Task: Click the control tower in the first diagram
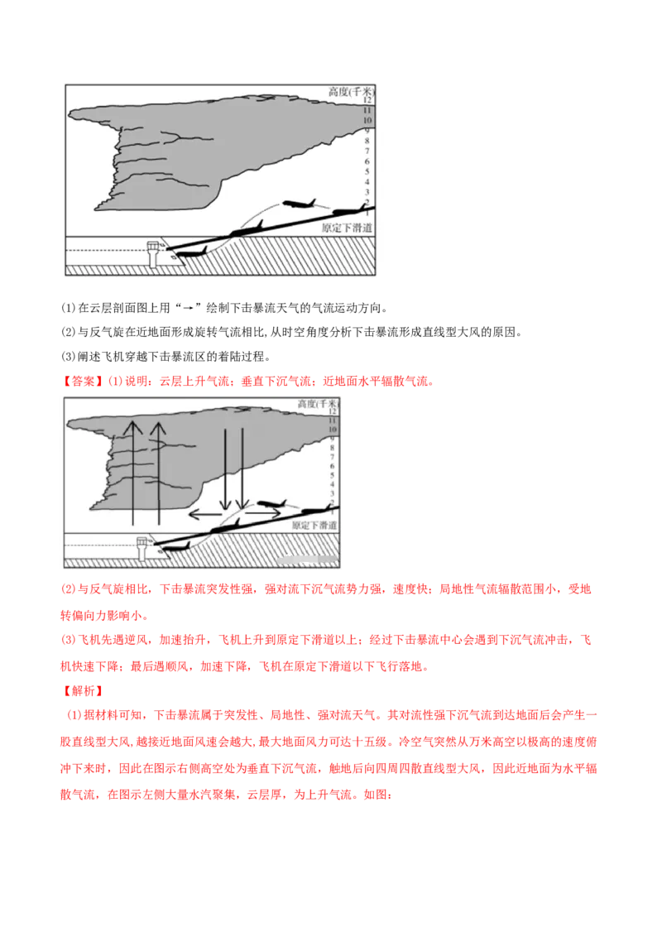[152, 251]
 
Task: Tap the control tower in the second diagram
[142, 547]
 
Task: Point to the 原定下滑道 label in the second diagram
[314, 525]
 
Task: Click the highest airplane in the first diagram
[299, 203]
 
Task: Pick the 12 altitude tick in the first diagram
[367, 100]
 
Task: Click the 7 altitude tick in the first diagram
[367, 151]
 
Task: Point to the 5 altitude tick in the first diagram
[367, 171]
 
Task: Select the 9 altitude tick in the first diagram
[367, 131]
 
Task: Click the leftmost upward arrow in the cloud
[130, 472]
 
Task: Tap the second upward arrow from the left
[158, 472]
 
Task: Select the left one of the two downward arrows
[225, 468]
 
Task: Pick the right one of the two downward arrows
[241, 468]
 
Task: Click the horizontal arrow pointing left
[206, 514]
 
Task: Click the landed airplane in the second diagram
[175, 546]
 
